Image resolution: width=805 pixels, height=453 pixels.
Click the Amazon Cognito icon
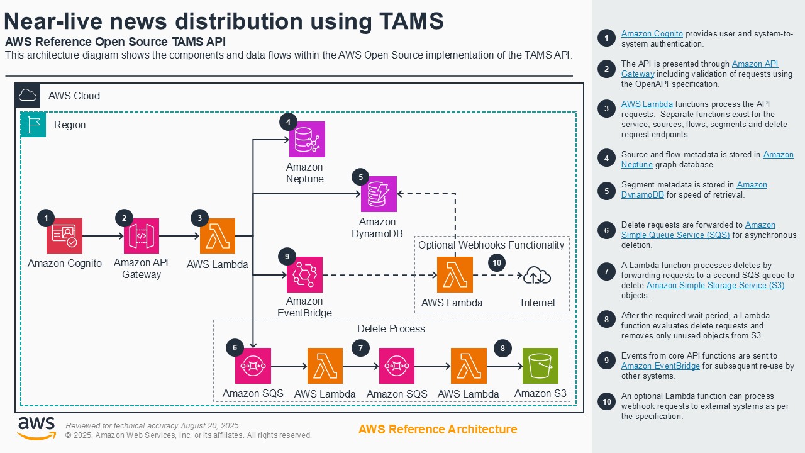click(64, 236)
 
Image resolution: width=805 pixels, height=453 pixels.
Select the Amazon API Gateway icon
click(142, 236)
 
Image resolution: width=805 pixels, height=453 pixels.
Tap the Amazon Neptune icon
click(307, 139)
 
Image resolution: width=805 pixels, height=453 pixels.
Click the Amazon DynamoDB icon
click(379, 194)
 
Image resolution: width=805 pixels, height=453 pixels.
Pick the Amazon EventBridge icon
click(304, 274)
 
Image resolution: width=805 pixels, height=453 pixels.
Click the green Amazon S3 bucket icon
click(540, 366)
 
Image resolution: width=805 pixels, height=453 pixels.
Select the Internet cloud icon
click(537, 275)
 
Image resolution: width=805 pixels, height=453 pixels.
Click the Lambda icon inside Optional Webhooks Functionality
click(455, 275)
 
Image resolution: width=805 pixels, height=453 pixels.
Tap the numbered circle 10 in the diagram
click(497, 263)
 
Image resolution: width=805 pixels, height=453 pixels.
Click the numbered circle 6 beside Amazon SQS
click(235, 347)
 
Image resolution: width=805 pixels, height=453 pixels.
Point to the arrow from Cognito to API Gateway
click(103, 237)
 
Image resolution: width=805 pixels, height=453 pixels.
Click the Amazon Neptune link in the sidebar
click(778, 160)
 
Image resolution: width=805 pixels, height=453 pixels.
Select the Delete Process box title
click(391, 329)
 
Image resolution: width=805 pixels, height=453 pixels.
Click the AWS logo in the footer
click(36, 428)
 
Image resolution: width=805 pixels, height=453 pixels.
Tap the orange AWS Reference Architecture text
click(438, 430)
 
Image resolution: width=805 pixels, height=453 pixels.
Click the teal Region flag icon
click(33, 125)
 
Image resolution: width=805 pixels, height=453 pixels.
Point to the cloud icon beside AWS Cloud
click(28, 96)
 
